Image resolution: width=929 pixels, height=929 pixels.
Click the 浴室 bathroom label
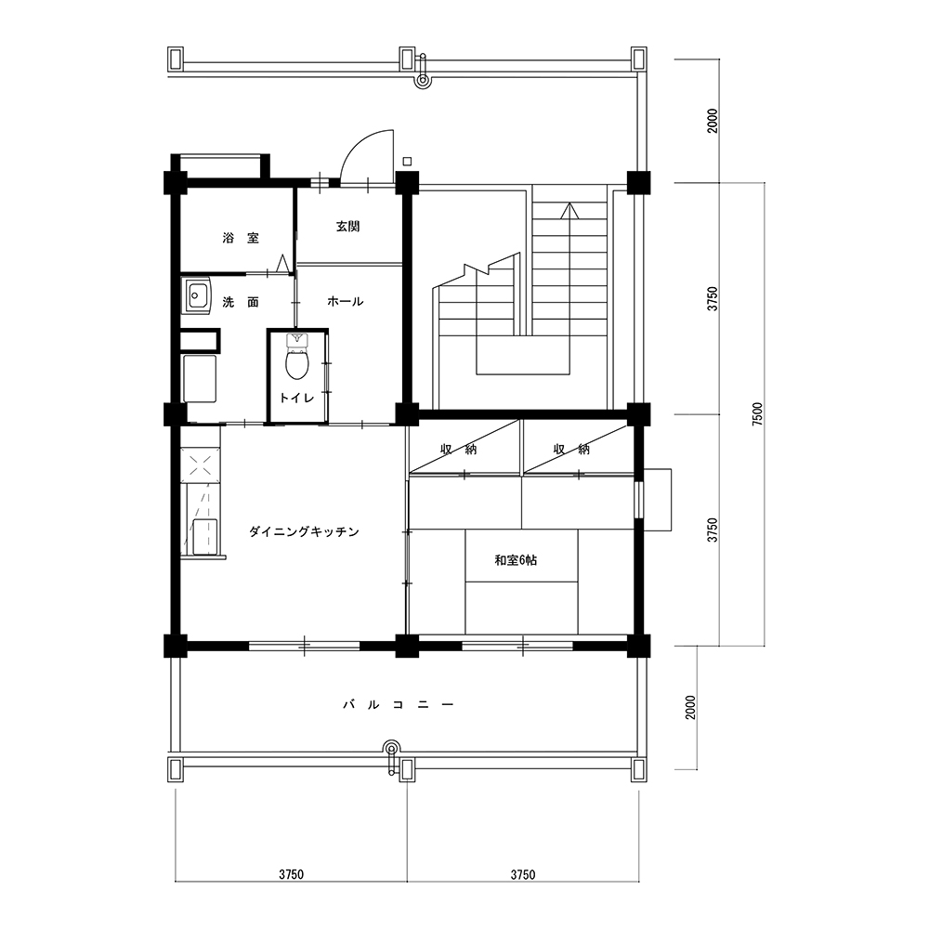(241, 238)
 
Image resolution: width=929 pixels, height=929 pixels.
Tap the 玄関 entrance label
(347, 227)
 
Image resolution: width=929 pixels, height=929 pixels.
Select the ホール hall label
(346, 302)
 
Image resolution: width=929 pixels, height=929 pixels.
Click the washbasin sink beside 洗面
(197, 295)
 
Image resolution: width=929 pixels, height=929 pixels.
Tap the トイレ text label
(297, 399)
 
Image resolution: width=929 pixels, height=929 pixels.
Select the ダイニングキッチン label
(304, 532)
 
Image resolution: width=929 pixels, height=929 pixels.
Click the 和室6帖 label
(516, 560)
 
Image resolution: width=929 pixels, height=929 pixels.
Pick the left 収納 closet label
(459, 449)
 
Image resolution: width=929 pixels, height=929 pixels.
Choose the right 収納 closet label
(571, 449)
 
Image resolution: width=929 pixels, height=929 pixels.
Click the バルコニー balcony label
(399, 704)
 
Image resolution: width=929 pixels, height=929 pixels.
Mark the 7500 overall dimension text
(757, 414)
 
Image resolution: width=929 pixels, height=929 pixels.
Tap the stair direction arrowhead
(569, 210)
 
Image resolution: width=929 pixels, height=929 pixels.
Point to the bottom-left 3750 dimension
(292, 874)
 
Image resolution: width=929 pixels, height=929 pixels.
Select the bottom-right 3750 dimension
(523, 874)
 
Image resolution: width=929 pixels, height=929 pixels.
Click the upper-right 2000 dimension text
(713, 121)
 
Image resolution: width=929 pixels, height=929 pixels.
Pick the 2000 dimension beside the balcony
(691, 707)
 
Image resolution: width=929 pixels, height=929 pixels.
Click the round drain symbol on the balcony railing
(392, 748)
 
